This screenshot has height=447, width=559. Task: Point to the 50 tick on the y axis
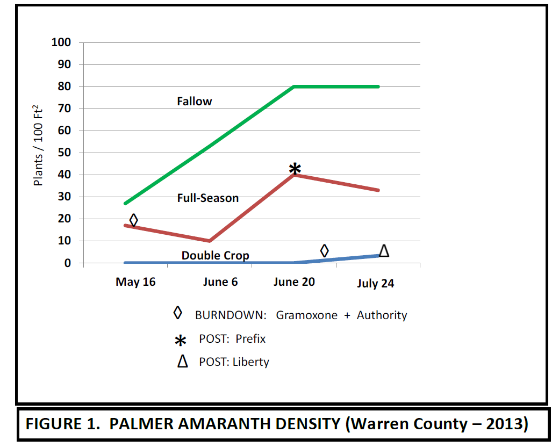tap(64, 153)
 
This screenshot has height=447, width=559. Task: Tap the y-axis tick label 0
tap(68, 263)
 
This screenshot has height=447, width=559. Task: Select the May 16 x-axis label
tap(135, 282)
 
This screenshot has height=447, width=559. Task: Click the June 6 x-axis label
tap(220, 282)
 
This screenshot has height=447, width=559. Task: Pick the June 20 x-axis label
tap(294, 282)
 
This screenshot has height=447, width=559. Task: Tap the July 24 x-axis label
tap(375, 284)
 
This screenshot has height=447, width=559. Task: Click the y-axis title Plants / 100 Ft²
tap(39, 146)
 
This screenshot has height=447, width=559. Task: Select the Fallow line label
tap(195, 101)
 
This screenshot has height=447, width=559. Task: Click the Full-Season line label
tap(208, 198)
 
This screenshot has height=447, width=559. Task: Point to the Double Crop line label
tap(215, 255)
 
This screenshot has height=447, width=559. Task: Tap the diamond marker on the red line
tap(134, 220)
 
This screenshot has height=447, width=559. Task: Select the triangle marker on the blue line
tap(384, 250)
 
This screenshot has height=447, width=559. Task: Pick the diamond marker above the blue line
tap(324, 251)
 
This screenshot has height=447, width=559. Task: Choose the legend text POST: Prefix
tap(232, 339)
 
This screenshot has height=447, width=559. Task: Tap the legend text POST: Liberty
tap(234, 362)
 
